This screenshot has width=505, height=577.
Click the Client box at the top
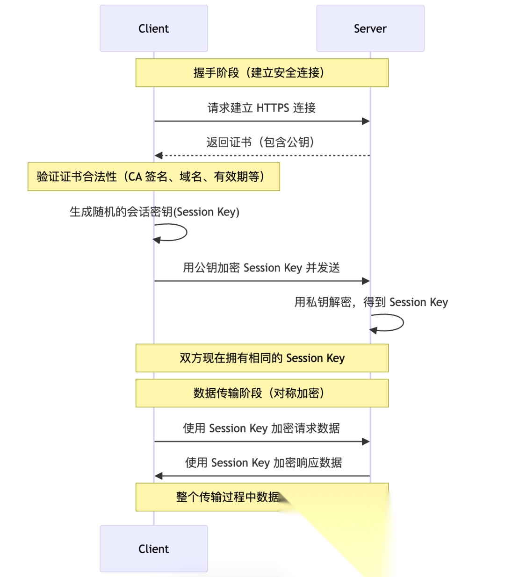pos(153,28)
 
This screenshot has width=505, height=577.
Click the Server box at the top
pos(370,28)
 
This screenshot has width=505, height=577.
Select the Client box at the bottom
pos(153,549)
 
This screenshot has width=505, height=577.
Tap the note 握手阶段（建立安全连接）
pos(262,73)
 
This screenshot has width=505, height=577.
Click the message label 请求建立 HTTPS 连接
pos(261,108)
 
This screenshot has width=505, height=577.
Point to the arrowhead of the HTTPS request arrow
pos(366,121)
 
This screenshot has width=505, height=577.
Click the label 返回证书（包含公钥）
pos(260,142)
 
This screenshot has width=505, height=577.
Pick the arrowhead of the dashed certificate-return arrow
pos(159,155)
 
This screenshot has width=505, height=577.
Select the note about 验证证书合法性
pos(153,177)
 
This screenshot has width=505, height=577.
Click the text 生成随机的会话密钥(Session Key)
pos(154,212)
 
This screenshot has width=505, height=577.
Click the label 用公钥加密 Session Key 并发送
pos(261,268)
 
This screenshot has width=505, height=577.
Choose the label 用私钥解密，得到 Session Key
pos(371,302)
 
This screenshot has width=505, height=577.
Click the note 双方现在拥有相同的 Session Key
pos(262,358)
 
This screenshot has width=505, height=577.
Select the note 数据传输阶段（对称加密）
pos(262,393)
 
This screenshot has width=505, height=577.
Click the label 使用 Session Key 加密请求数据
pos(261,428)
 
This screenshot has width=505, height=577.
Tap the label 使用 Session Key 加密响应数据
pos(263,463)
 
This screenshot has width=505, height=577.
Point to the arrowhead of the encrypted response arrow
pos(159,476)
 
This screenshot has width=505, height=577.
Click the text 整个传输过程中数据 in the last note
pos(227,497)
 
